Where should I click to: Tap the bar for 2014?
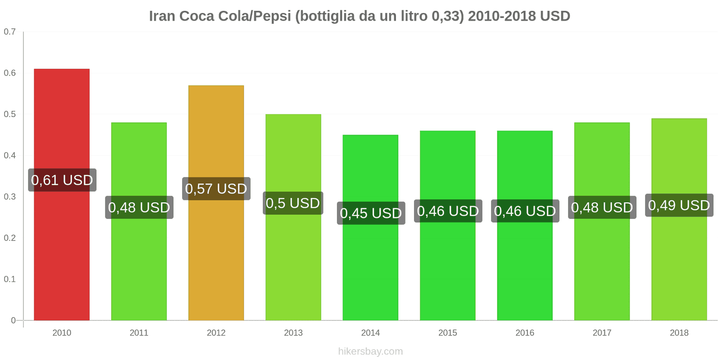point(370,270)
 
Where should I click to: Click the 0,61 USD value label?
point(62,180)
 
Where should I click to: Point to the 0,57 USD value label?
point(216,189)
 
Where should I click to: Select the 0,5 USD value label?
point(293,203)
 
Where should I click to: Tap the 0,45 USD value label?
point(371,213)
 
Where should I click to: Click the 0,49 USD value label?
point(679,205)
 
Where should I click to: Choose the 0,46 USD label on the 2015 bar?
point(448,211)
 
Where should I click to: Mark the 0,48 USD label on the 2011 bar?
point(139,207)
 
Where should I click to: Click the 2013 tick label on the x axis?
point(293,333)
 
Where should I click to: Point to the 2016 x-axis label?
point(525,333)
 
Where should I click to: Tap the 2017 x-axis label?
point(602,333)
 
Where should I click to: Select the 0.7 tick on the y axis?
point(10,31)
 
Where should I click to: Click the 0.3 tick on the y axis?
point(10,197)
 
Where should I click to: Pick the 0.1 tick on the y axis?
point(10,279)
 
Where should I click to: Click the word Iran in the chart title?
point(162,16)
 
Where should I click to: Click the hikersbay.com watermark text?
point(370,351)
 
